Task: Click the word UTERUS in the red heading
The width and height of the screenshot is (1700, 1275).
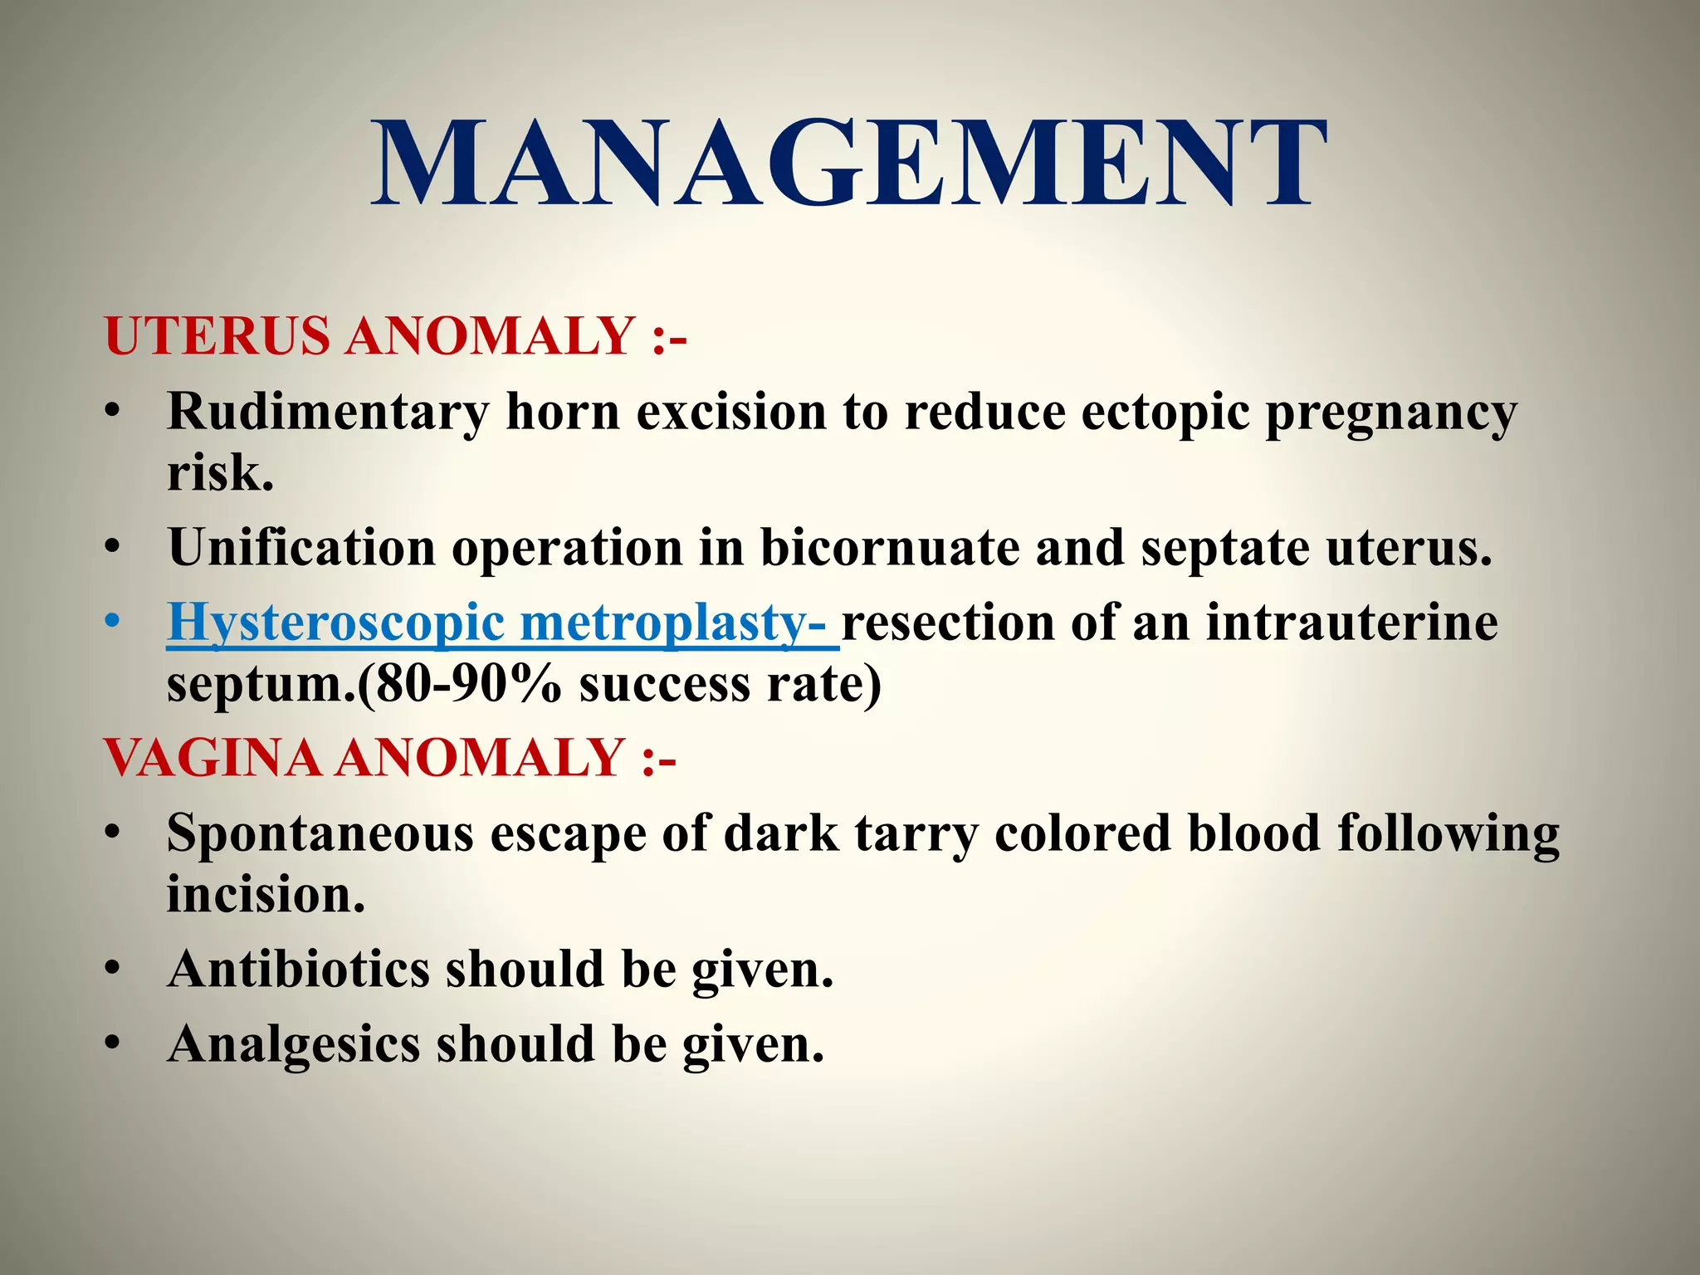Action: (217, 336)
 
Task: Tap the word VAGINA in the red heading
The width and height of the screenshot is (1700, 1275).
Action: (212, 758)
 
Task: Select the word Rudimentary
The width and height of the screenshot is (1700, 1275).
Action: (328, 413)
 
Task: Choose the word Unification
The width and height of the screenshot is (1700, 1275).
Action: (301, 549)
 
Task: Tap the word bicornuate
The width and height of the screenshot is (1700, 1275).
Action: (889, 549)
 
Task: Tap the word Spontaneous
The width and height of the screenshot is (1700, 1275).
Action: (320, 834)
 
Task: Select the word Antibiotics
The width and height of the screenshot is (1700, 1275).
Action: (299, 970)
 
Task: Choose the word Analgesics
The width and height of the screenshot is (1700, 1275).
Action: (294, 1044)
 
